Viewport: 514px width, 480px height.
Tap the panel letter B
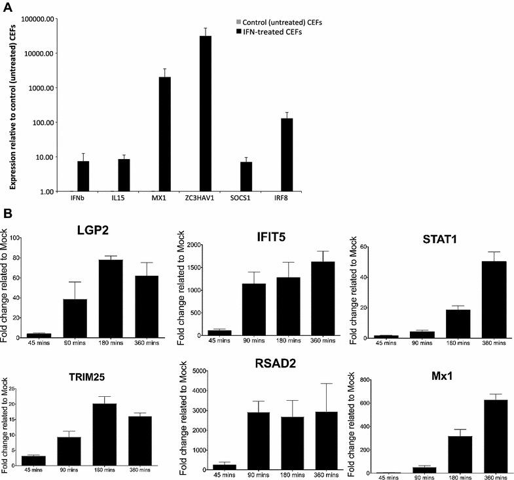(x=7, y=213)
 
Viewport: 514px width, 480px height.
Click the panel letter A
(x=8, y=8)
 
